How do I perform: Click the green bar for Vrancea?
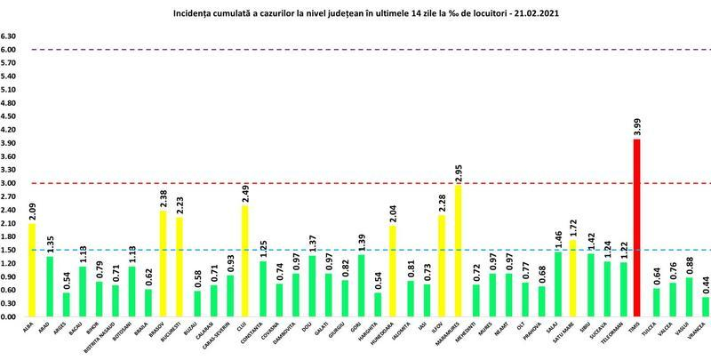(x=705, y=307)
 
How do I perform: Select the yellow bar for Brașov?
(x=163, y=263)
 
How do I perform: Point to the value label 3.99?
(x=637, y=124)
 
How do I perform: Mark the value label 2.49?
(x=245, y=191)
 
